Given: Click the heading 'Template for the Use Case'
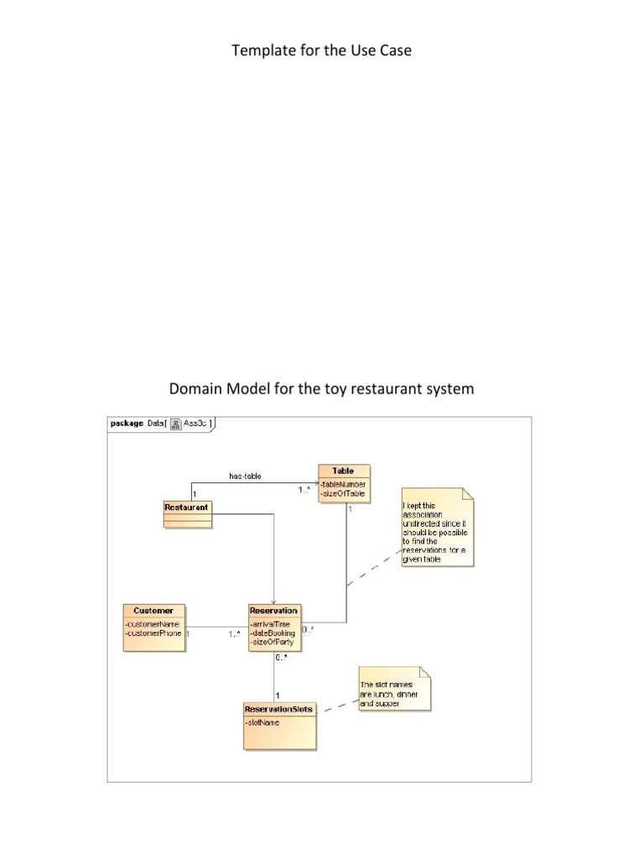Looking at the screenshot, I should pos(321,51).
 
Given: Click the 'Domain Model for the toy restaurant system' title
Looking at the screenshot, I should pos(321,389).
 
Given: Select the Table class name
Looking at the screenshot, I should pos(343,471).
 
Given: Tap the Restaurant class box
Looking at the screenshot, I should pos(186,513).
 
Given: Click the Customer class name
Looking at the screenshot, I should pos(153,611).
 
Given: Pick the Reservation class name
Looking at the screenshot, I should pos(273,611).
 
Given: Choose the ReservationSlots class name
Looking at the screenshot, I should pos(280,709).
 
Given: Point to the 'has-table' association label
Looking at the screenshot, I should pos(245,476).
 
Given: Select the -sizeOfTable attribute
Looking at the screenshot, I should pos(342,494).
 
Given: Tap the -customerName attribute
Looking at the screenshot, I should pos(153,624).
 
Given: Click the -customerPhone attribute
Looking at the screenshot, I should pos(153,633).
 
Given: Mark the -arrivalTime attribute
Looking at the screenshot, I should pos(270,624).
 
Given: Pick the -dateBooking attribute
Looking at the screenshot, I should pos(273,633).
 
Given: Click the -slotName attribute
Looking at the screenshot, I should pos(262,722).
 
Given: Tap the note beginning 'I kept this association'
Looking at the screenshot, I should pos(437,528).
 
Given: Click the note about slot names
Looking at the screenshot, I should pos(394,690).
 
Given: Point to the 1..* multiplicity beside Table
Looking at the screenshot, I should pos(304,491).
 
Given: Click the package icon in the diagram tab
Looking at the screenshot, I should pos(176,424).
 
